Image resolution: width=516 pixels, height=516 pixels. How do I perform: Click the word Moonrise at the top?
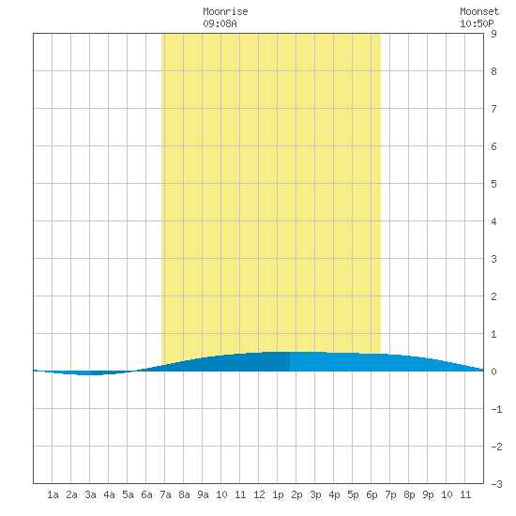coord(225,11)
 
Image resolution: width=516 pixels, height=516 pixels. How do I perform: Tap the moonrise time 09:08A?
coord(220,23)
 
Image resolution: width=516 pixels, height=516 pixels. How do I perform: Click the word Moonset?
coord(479,11)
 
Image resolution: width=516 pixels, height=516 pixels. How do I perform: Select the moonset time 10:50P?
coord(477,23)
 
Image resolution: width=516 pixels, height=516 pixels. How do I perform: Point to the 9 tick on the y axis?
coord(493,34)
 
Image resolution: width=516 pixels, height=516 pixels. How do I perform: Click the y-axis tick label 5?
coord(493,184)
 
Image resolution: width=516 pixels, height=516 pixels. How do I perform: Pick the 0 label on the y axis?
coord(493,372)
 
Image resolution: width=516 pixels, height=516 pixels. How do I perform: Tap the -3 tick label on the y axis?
coord(496,484)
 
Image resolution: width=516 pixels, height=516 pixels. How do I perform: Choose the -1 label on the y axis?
coord(496,409)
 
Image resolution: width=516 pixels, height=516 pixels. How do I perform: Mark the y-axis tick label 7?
coord(493,109)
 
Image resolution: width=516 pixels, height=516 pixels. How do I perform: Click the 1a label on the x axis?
coord(53,494)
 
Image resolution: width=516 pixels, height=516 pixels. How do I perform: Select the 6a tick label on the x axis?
coord(146,494)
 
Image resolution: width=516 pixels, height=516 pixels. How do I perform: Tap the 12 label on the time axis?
coord(259,494)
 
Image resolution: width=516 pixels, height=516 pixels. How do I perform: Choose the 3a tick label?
coord(90,494)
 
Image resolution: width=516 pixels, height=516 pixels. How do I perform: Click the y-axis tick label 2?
coord(493,296)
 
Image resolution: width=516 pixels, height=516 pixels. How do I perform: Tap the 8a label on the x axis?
coord(184,494)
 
